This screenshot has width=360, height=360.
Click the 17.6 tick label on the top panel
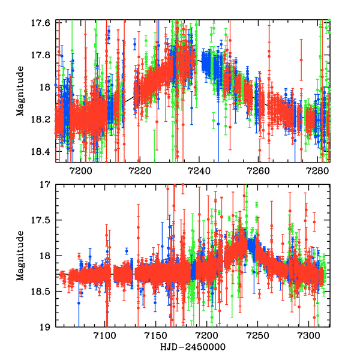point(42,23)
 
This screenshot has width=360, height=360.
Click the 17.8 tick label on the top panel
point(42,55)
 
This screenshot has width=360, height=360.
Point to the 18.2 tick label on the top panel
point(42,119)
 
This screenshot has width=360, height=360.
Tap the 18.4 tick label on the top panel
point(42,152)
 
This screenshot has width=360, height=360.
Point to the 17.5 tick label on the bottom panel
point(42,221)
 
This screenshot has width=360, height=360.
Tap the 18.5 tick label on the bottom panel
point(42,292)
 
